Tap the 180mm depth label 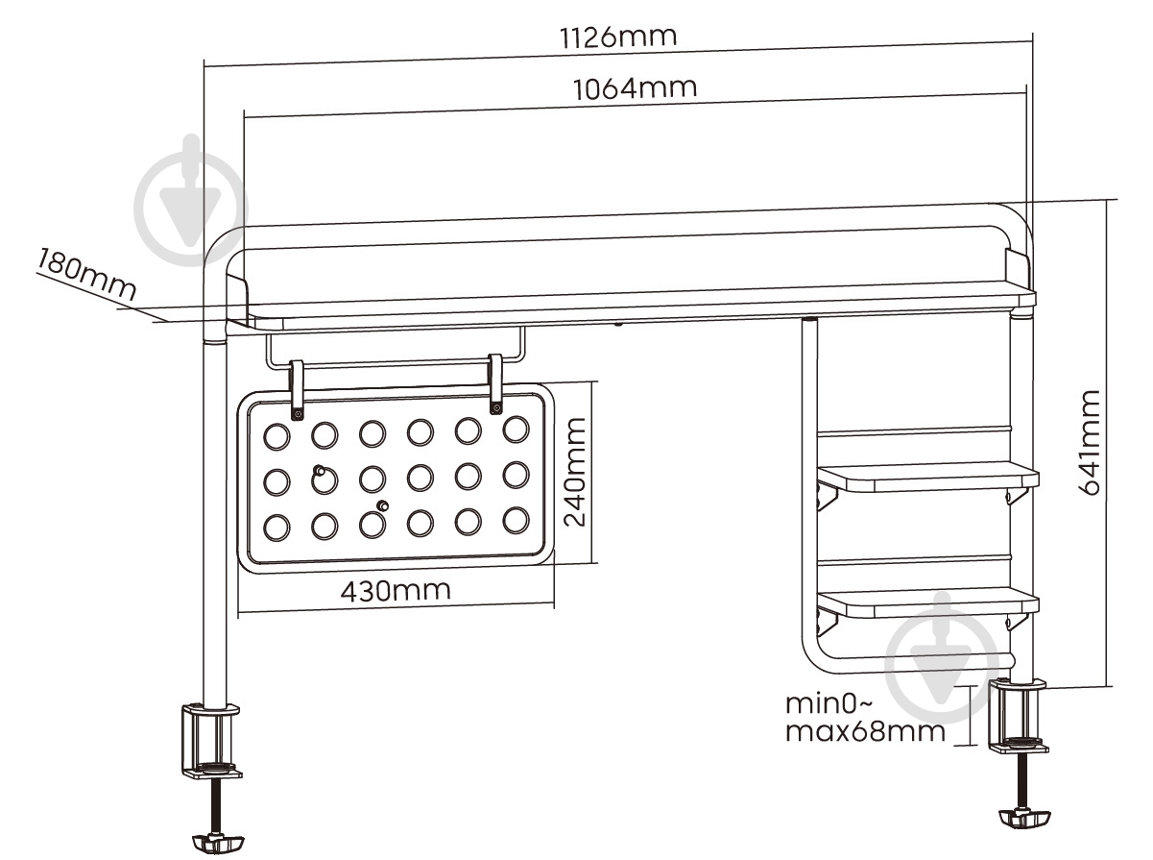click(x=86, y=274)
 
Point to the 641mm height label click(x=1088, y=442)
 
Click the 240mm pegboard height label click(x=575, y=473)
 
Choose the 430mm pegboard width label click(x=396, y=590)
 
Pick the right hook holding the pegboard click(x=496, y=383)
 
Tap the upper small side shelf click(x=926, y=476)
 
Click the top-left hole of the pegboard click(x=276, y=435)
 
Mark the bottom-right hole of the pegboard click(x=516, y=519)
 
